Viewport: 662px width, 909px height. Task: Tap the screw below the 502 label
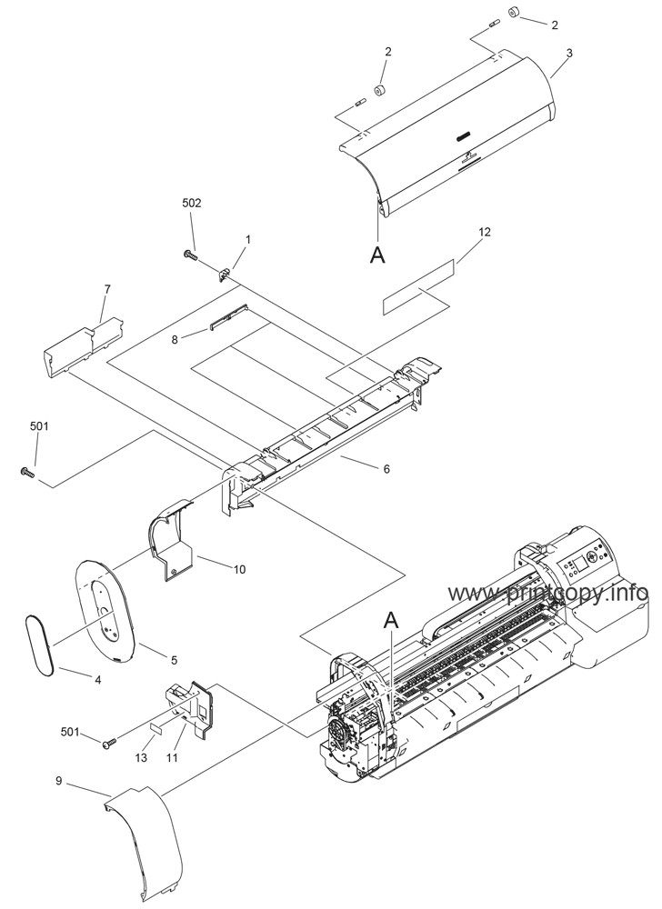[191, 255]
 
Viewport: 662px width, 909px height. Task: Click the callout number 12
[484, 233]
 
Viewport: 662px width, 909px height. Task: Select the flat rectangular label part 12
[416, 288]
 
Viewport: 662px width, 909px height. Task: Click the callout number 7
[106, 289]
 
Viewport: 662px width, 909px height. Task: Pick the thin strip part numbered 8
[227, 314]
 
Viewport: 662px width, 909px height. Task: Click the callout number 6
[386, 469]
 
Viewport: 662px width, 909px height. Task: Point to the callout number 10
[238, 570]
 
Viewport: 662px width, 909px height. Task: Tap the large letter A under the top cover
[377, 255]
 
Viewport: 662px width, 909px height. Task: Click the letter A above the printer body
[392, 620]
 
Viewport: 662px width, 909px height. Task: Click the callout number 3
[568, 54]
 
